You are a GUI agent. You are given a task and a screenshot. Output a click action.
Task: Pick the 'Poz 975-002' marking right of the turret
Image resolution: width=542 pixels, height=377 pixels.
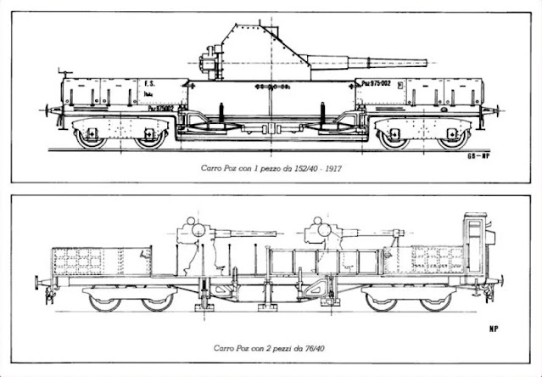click(x=376, y=82)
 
